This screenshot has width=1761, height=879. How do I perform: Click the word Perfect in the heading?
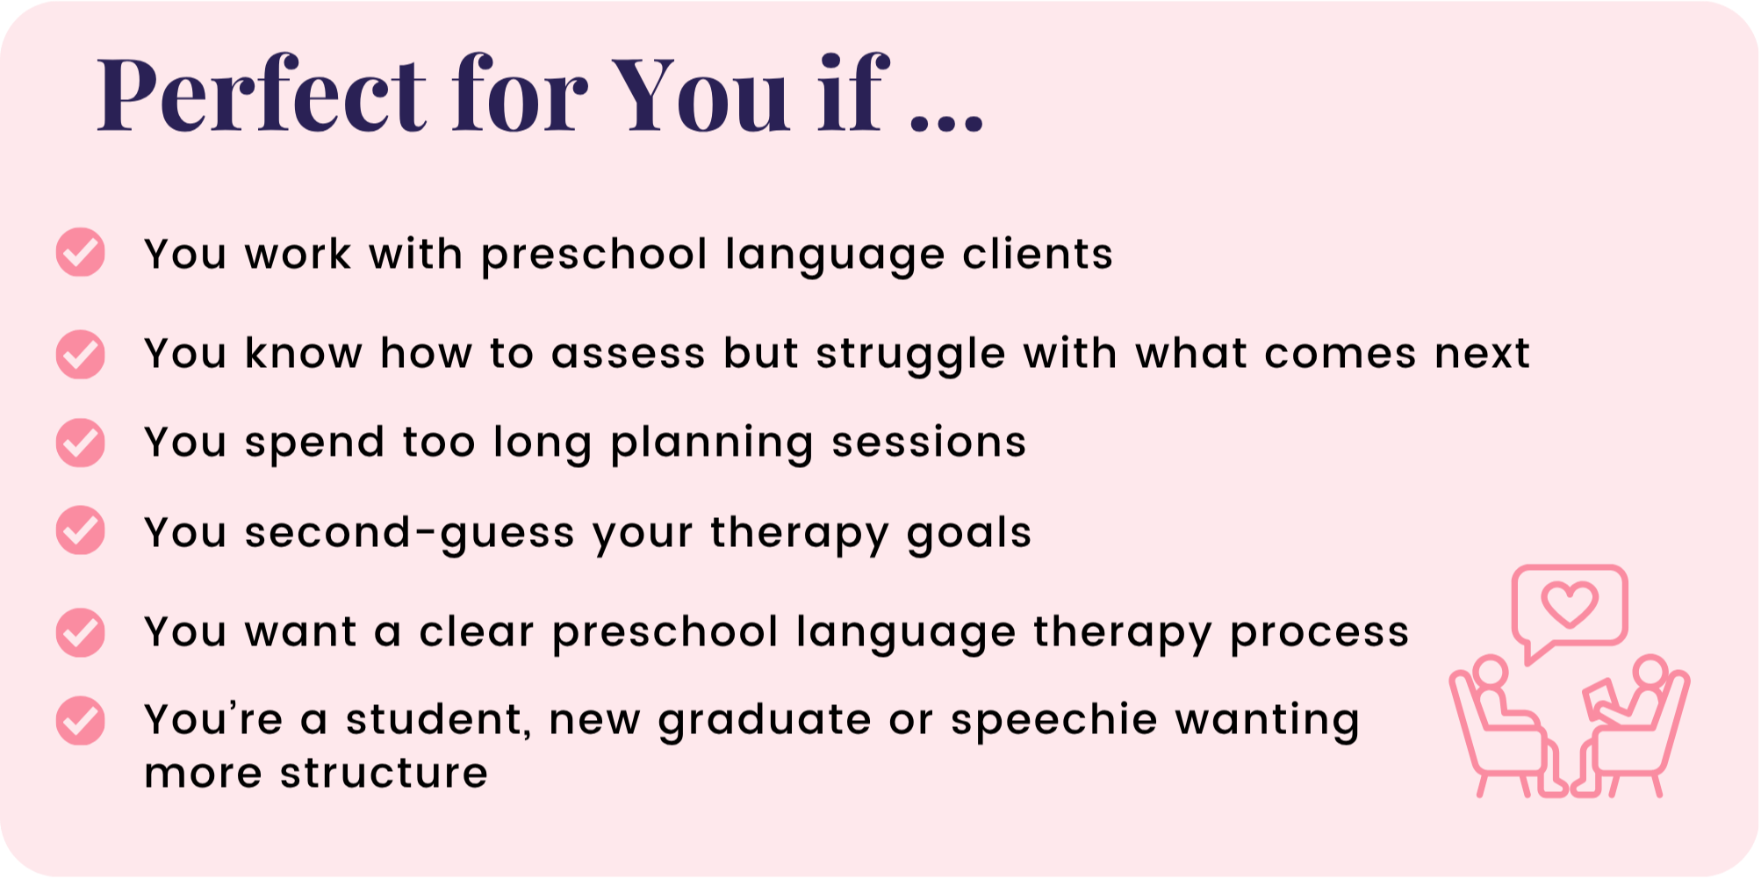(262, 94)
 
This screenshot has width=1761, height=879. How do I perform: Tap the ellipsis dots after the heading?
(947, 123)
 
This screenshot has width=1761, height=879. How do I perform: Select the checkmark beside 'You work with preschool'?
(81, 253)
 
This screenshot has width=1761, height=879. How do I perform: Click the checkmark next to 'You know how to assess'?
(81, 354)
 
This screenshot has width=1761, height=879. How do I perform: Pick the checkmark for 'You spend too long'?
(81, 442)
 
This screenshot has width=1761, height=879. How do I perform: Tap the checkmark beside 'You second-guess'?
(81, 530)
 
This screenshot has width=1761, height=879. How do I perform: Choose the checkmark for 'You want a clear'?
(81, 632)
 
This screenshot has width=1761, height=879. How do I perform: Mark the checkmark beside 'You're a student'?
(81, 721)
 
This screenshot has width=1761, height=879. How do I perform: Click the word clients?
(1038, 254)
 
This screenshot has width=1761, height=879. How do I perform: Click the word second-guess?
(409, 533)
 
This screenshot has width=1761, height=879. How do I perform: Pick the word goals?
(969, 533)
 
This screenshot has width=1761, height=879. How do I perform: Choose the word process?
(1319, 633)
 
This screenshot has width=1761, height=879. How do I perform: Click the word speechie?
(1054, 720)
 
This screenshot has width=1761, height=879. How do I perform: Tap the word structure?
(384, 774)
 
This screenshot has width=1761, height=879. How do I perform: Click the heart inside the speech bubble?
(1571, 604)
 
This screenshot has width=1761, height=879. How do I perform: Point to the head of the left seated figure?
(1490, 673)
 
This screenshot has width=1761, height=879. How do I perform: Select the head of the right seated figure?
(1650, 672)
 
